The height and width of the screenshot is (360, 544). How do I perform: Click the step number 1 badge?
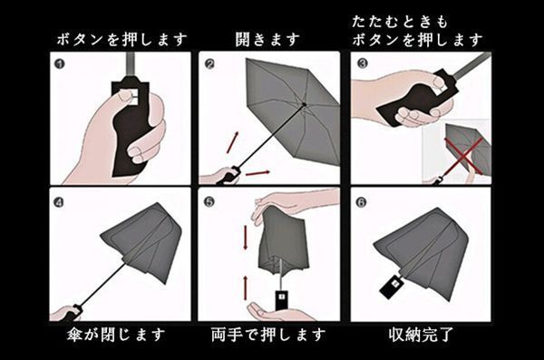60,63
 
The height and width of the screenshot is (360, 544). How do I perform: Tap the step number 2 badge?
209,63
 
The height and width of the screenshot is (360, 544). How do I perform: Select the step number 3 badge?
362,63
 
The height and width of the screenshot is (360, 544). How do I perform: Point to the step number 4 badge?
59,202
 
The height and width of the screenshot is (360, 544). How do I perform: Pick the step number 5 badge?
209,201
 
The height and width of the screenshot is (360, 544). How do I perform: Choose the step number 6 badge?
361,202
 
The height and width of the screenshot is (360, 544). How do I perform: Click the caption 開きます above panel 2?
267,40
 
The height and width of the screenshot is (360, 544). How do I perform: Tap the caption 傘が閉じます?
116,336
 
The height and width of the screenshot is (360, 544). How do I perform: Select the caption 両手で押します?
268,336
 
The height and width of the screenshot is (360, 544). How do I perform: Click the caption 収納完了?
421,336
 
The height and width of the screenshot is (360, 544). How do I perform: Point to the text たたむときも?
400,22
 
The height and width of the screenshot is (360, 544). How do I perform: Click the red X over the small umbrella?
463,156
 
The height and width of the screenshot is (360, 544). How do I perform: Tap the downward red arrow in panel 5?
246,238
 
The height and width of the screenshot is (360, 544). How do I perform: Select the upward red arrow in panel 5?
246,287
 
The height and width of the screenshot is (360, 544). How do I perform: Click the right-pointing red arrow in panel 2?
257,172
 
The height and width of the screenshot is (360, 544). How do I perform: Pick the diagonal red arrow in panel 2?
232,142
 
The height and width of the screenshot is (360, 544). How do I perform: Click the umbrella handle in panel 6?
392,286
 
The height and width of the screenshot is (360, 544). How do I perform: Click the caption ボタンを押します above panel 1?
121,40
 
